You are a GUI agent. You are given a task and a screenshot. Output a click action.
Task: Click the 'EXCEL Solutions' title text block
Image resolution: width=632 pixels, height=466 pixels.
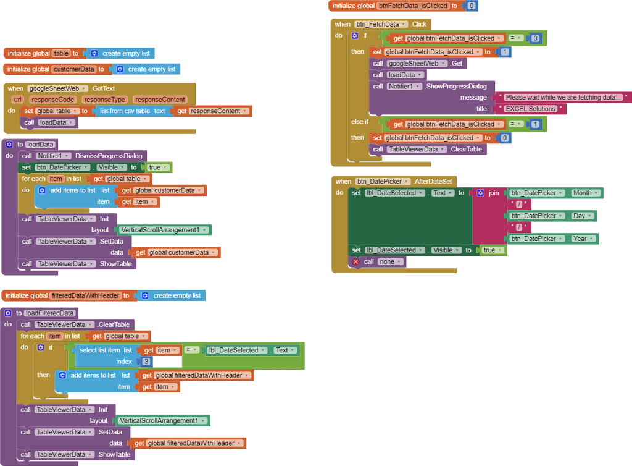pyautogui.click(x=530, y=109)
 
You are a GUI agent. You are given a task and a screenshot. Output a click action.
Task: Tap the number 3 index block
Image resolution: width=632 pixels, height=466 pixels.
pyautogui.click(x=146, y=362)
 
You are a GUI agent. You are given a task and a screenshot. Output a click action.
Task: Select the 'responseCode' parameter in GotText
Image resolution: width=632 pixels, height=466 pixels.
pyautogui.click(x=52, y=100)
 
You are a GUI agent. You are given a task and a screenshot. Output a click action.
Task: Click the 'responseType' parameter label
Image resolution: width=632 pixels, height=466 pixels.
pyautogui.click(x=104, y=100)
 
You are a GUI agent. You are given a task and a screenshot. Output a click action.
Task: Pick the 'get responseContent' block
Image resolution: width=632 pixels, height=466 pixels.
pyautogui.click(x=212, y=111)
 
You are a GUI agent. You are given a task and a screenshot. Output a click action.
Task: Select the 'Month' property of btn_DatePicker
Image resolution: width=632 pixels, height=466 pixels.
pyautogui.click(x=582, y=193)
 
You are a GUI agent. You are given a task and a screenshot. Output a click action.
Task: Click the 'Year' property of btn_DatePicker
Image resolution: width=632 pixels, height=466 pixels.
pyautogui.click(x=580, y=239)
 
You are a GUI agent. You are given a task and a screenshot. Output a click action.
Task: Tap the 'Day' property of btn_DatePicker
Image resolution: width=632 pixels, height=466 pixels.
pyautogui.click(x=578, y=216)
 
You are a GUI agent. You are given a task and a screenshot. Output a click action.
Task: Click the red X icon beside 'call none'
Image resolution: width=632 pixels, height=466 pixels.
pyautogui.click(x=355, y=262)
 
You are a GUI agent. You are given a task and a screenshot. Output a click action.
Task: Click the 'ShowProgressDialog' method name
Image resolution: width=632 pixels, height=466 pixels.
pyautogui.click(x=459, y=87)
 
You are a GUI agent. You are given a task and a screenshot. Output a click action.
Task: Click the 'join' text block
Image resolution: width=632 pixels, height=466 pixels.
pyautogui.click(x=493, y=193)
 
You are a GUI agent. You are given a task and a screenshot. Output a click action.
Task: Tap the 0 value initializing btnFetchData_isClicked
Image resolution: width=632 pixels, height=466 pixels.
pyautogui.click(x=472, y=6)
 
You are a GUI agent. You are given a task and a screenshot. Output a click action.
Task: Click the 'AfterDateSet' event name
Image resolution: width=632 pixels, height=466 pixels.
pyautogui.click(x=434, y=182)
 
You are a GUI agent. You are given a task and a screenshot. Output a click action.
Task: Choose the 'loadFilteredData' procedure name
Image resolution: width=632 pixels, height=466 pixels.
pyautogui.click(x=50, y=313)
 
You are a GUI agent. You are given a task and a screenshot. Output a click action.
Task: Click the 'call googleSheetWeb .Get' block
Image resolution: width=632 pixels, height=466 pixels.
pyautogui.click(x=417, y=64)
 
